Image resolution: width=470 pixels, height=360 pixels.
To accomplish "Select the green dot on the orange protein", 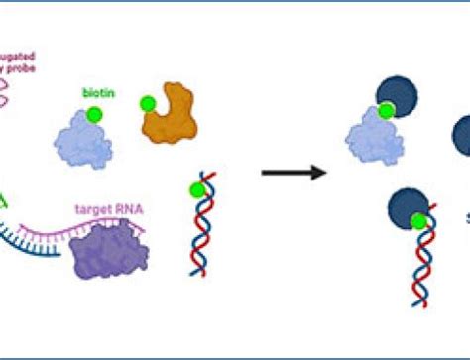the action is [149, 102].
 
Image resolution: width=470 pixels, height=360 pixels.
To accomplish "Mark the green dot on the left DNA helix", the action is [198, 190].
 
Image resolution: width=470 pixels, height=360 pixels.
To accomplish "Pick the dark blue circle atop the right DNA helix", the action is [410, 208].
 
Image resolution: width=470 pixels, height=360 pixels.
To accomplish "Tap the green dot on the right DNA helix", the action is [421, 222].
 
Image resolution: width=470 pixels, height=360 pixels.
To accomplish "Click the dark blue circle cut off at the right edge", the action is [461, 136].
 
